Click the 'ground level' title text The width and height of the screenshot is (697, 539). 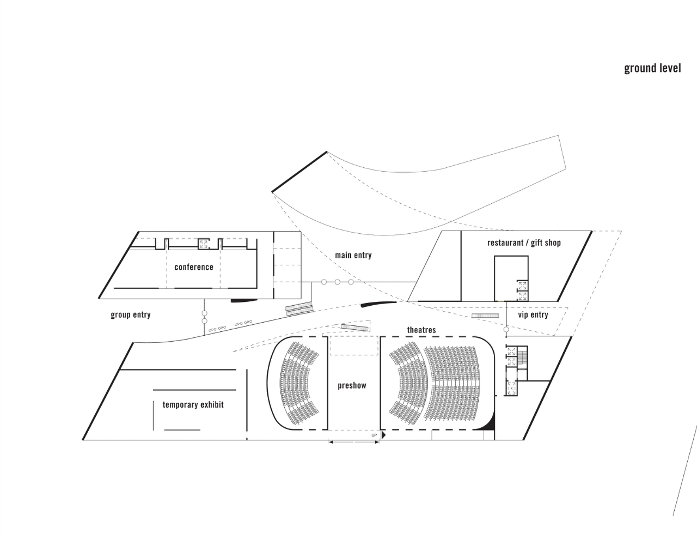point(652,68)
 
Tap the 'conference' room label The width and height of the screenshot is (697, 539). point(193,267)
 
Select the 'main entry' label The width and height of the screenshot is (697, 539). point(353,255)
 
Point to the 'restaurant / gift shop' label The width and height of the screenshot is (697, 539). point(524,243)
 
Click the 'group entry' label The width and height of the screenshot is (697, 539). point(131,314)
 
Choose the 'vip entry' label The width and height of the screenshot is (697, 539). point(533,314)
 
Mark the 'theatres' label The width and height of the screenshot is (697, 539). point(421,330)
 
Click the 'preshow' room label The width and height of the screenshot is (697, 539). point(352,385)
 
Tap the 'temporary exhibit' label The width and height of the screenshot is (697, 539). point(193,404)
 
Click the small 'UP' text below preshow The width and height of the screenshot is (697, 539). point(374,435)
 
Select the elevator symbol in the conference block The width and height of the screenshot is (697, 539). point(204,244)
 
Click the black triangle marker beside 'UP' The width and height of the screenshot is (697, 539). point(383,435)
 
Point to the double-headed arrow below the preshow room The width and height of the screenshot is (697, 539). point(354,442)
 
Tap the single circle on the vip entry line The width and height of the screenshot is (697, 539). point(506,329)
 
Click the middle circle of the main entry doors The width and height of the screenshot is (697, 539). point(337,282)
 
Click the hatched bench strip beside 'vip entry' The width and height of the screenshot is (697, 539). point(485,316)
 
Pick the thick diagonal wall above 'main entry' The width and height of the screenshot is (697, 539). point(299,172)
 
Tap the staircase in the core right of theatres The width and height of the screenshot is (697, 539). point(523,357)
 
